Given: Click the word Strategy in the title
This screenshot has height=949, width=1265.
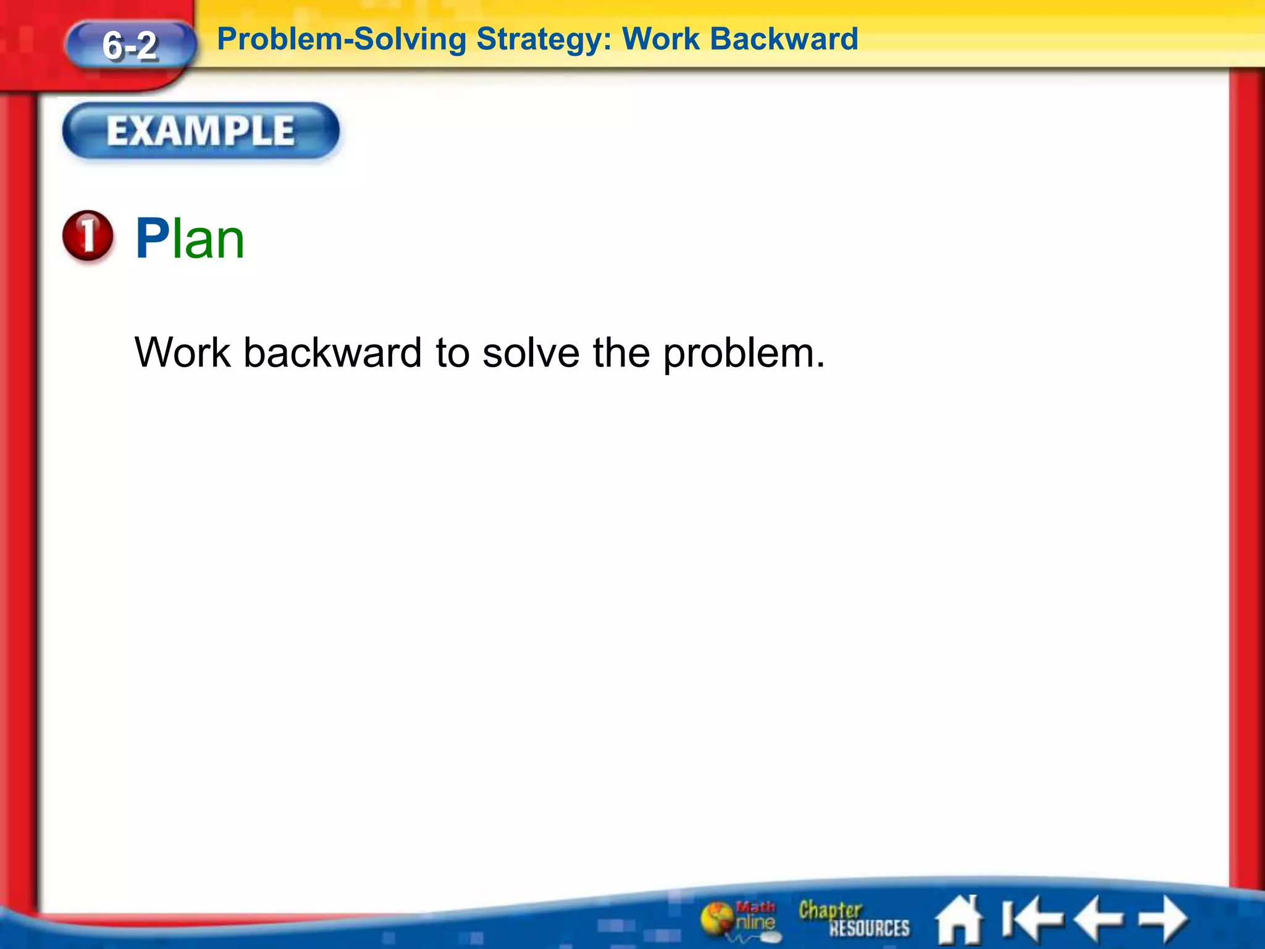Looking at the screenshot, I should tap(544, 40).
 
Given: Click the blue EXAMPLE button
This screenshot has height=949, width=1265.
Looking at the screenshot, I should tap(201, 131).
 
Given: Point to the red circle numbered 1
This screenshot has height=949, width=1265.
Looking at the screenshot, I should tap(88, 235).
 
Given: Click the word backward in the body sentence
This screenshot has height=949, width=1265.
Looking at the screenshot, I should tap(332, 353).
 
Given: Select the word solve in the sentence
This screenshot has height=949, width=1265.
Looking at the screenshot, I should tap(531, 353).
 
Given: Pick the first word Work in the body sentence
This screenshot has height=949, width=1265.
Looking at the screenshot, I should tap(183, 353).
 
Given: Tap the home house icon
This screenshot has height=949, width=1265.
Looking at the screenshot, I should tap(959, 920).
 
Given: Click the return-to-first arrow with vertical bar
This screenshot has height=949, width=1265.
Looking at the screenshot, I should tap(1030, 919).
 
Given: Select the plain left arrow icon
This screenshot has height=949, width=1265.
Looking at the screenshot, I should tap(1098, 919).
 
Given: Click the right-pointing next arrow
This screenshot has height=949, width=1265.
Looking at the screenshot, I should tap(1164, 919).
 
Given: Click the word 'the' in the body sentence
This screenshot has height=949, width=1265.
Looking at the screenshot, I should tap(621, 353).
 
